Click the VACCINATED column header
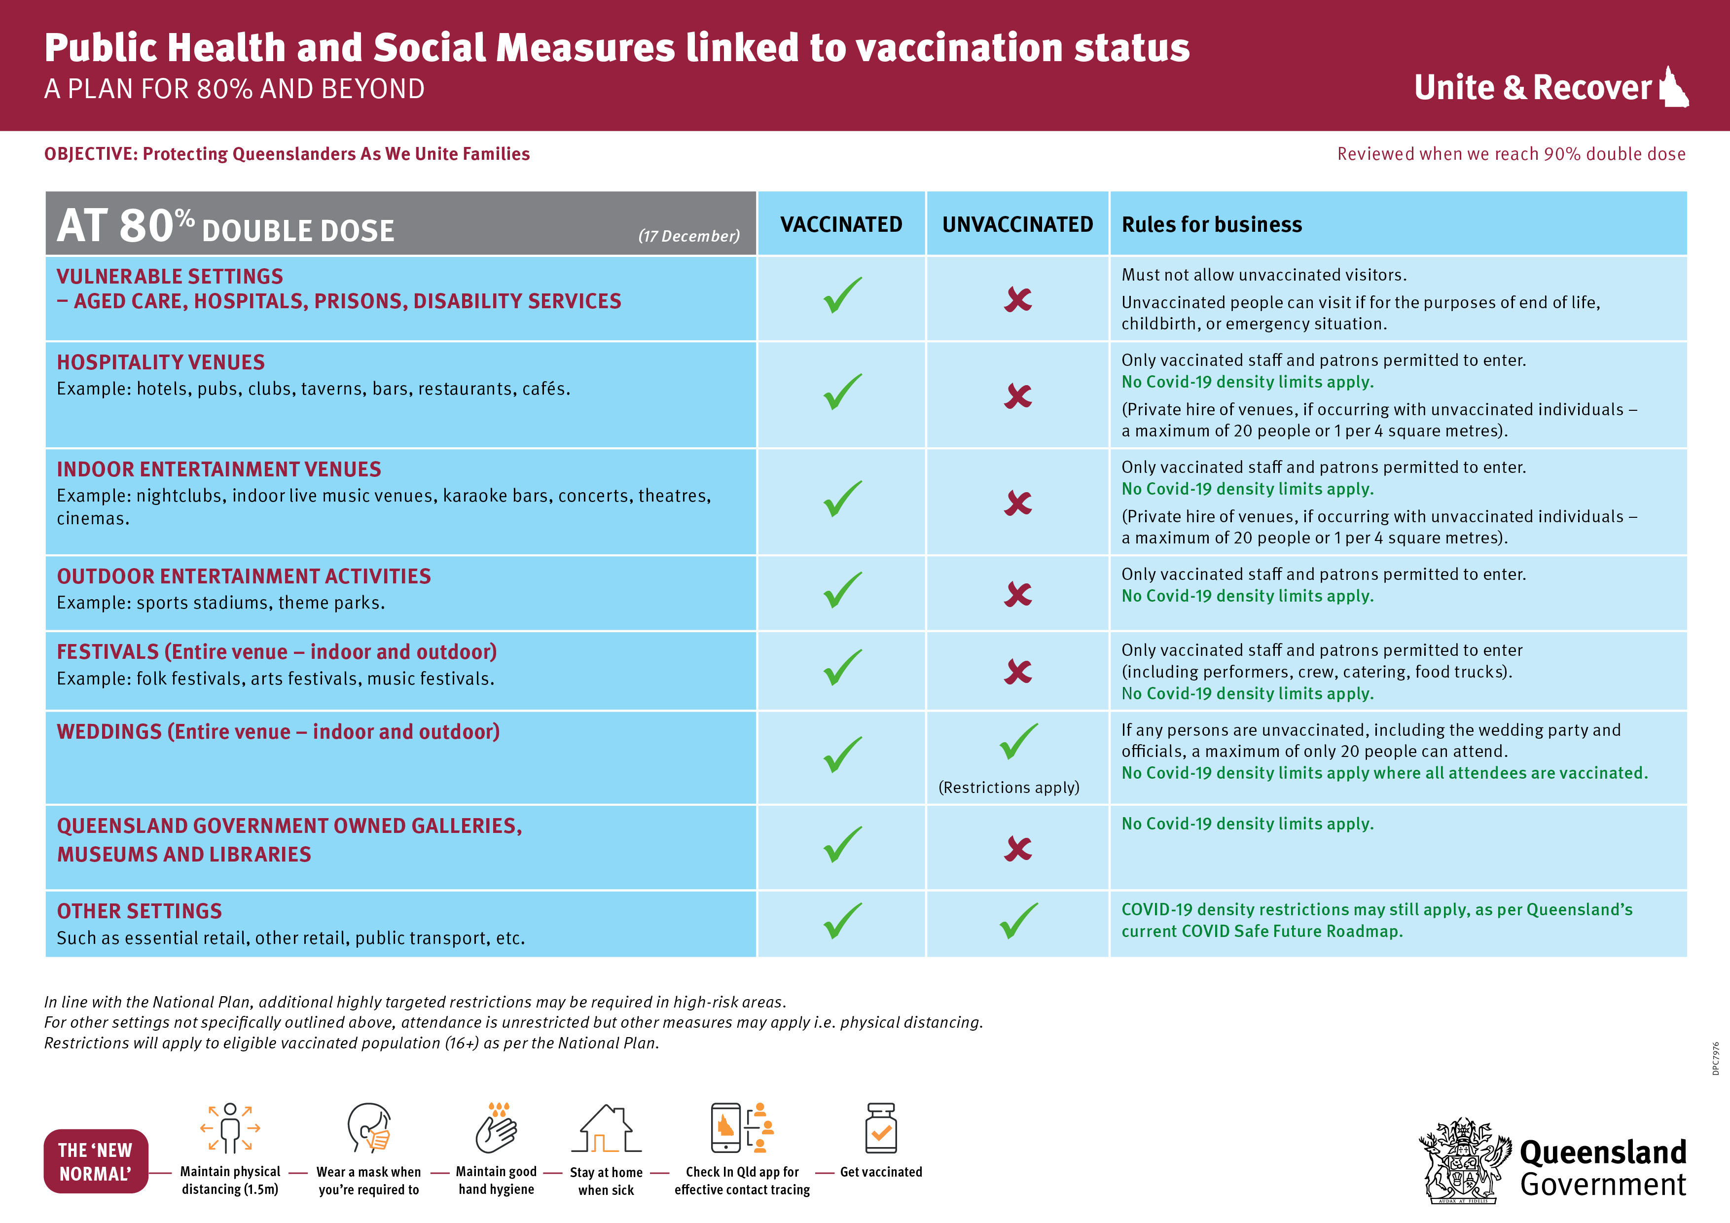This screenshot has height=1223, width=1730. coord(841,224)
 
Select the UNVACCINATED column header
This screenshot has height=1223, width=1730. coord(1017,224)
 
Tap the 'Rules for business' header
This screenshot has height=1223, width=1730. coord(1212,224)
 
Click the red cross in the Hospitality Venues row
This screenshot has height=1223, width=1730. coord(1018,396)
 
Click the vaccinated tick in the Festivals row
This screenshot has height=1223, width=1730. coord(842,668)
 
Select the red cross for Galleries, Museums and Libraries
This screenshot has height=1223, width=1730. coord(1018,849)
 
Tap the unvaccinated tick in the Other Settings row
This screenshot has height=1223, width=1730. coord(1019,921)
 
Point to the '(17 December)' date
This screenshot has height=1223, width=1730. coord(688,236)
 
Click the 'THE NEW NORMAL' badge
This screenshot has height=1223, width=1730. coord(96,1161)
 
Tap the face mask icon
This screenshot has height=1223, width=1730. coord(369,1128)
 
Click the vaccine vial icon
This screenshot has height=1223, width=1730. coord(881,1128)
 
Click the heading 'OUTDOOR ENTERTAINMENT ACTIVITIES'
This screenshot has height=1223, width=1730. coord(244,576)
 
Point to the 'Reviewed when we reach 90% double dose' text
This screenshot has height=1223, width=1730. coord(1511,154)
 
